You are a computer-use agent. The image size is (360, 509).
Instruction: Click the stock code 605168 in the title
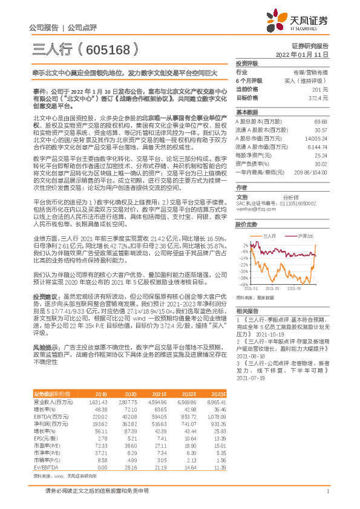point(108,48)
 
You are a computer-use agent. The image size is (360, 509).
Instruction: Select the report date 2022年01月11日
point(306,54)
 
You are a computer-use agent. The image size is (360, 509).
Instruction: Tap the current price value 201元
point(320,88)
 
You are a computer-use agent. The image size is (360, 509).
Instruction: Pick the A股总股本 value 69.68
point(321,122)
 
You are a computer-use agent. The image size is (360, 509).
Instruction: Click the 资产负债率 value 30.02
point(321,163)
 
